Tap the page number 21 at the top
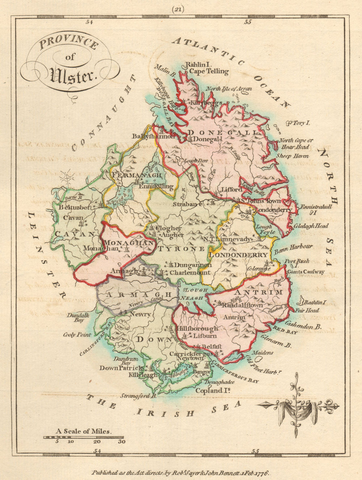pos(178,10)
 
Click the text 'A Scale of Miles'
pos(84,431)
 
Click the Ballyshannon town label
pos(153,136)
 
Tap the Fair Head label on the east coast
pos(307,310)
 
